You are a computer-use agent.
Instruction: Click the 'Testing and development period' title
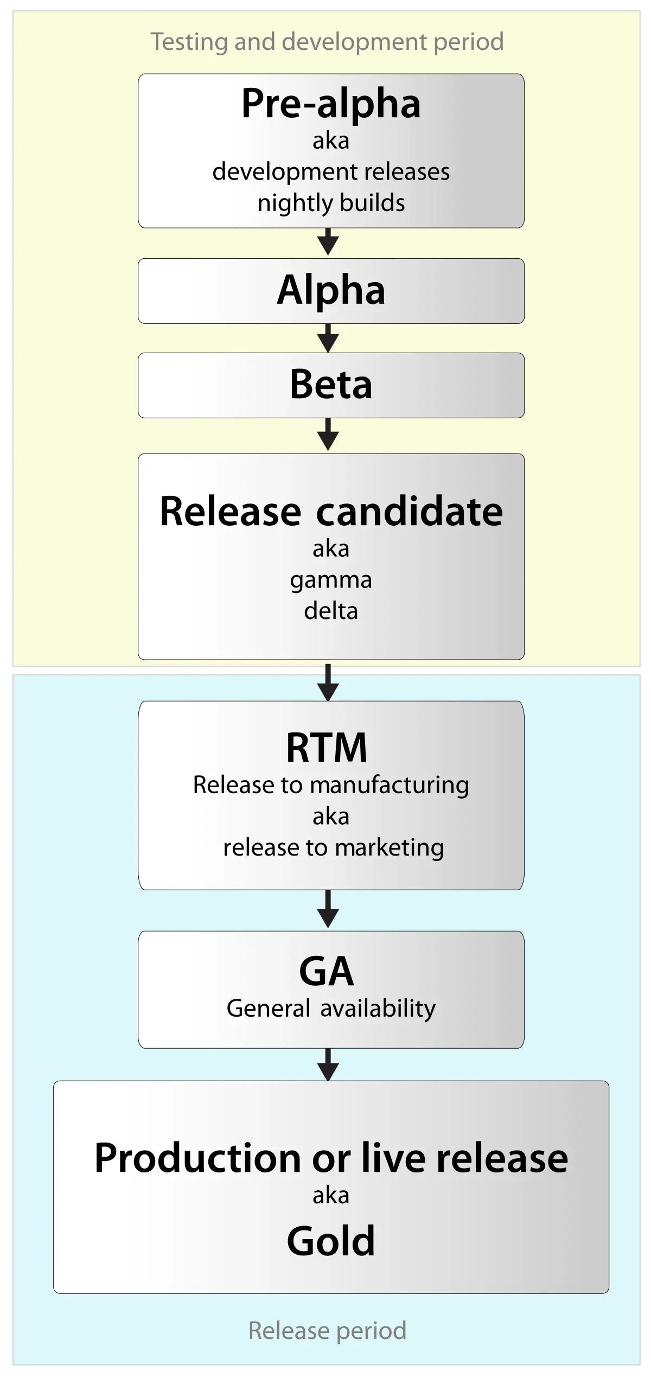pyautogui.click(x=327, y=42)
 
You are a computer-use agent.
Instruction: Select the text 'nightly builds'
pyautogui.click(x=331, y=203)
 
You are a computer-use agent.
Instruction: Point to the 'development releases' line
pyautogui.click(x=331, y=172)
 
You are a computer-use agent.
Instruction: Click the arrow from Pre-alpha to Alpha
pyautogui.click(x=328, y=242)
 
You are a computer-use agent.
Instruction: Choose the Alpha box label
pyautogui.click(x=331, y=290)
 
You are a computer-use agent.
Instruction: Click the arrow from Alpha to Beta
pyautogui.click(x=328, y=339)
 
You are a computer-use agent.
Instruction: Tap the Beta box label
pyautogui.click(x=331, y=385)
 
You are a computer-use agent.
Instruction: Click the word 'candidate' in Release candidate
pyautogui.click(x=410, y=511)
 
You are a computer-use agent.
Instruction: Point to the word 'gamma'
pyautogui.click(x=331, y=580)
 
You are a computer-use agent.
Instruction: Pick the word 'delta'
pyautogui.click(x=331, y=611)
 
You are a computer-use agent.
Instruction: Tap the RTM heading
pyautogui.click(x=327, y=748)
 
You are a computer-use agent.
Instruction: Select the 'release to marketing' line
pyautogui.click(x=334, y=847)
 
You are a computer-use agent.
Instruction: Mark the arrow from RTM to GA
pyautogui.click(x=328, y=909)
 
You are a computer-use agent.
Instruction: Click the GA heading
pyautogui.click(x=327, y=972)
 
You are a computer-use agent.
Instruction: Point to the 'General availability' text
pyautogui.click(x=331, y=1009)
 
